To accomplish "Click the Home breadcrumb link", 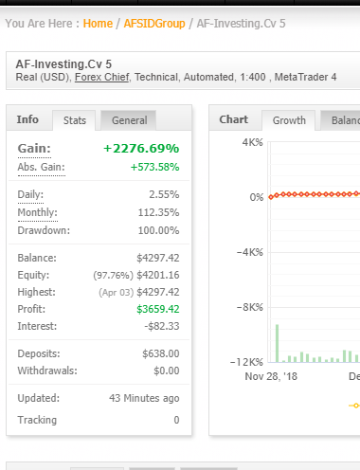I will click(x=98, y=23).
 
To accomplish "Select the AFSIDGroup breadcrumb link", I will click(x=154, y=23).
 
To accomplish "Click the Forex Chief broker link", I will click(x=102, y=77).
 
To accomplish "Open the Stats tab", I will click(x=74, y=120).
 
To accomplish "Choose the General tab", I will click(x=129, y=120).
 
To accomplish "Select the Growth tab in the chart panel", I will click(x=289, y=120).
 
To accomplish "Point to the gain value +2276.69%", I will click(x=140, y=149).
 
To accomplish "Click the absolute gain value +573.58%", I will click(x=154, y=167).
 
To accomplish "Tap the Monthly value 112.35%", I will click(x=159, y=212).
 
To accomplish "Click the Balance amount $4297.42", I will click(x=157, y=258).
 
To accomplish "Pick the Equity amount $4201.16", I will click(x=157, y=275).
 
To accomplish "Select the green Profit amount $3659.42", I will click(x=157, y=309).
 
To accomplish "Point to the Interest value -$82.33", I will click(x=160, y=326).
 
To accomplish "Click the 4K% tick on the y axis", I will click(x=252, y=142).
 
